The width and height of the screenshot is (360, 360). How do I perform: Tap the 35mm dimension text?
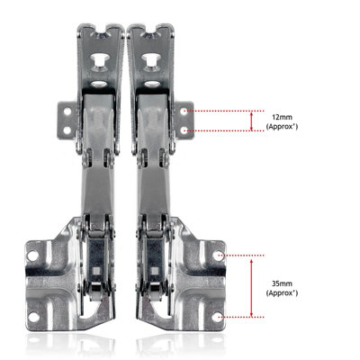pos(281,282)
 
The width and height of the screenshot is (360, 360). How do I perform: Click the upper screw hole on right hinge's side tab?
pos(185,111)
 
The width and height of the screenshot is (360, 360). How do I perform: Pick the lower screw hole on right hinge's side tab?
pos(185,130)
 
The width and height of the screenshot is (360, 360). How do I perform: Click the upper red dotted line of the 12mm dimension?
pos(225,111)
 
